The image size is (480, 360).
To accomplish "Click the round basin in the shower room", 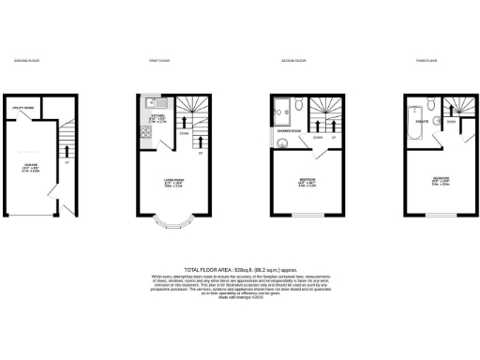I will (x=281, y=143).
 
